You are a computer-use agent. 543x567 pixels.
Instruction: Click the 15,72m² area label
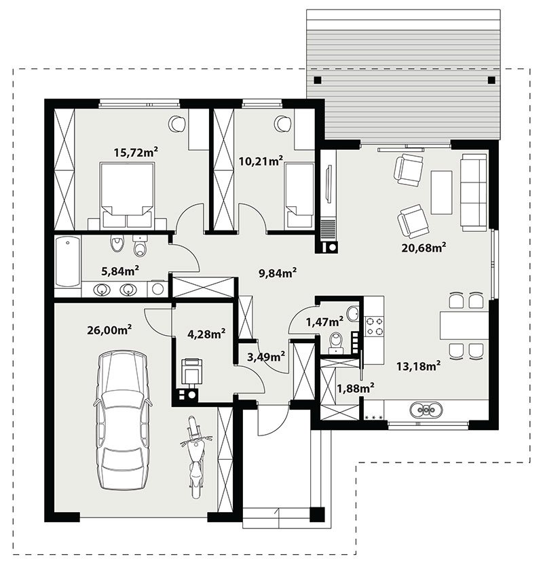[x=136, y=152]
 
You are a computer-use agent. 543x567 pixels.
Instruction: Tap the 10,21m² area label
[x=261, y=161]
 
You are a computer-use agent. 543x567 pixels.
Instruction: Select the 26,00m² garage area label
[x=109, y=330]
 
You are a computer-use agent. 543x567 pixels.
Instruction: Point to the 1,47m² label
[x=324, y=321]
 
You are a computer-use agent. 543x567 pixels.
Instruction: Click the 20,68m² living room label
[x=424, y=248]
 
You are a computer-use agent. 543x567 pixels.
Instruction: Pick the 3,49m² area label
[x=265, y=357]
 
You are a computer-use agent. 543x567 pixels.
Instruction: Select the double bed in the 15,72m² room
[x=127, y=195]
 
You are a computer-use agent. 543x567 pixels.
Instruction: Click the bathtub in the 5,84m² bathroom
[x=67, y=262]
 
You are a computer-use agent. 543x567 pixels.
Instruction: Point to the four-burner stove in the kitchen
[x=374, y=326]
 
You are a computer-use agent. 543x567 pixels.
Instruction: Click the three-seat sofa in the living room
[x=474, y=193]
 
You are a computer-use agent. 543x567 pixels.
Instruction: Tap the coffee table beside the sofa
[x=441, y=193]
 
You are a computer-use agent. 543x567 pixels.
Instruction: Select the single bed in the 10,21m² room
[x=299, y=195]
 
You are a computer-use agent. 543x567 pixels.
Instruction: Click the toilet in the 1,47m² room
[x=337, y=343]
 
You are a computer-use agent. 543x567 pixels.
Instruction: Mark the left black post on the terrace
[x=318, y=80]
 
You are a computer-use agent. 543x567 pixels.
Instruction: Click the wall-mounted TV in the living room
[x=329, y=183]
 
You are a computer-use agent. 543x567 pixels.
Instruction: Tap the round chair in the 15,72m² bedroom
[x=177, y=123]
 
